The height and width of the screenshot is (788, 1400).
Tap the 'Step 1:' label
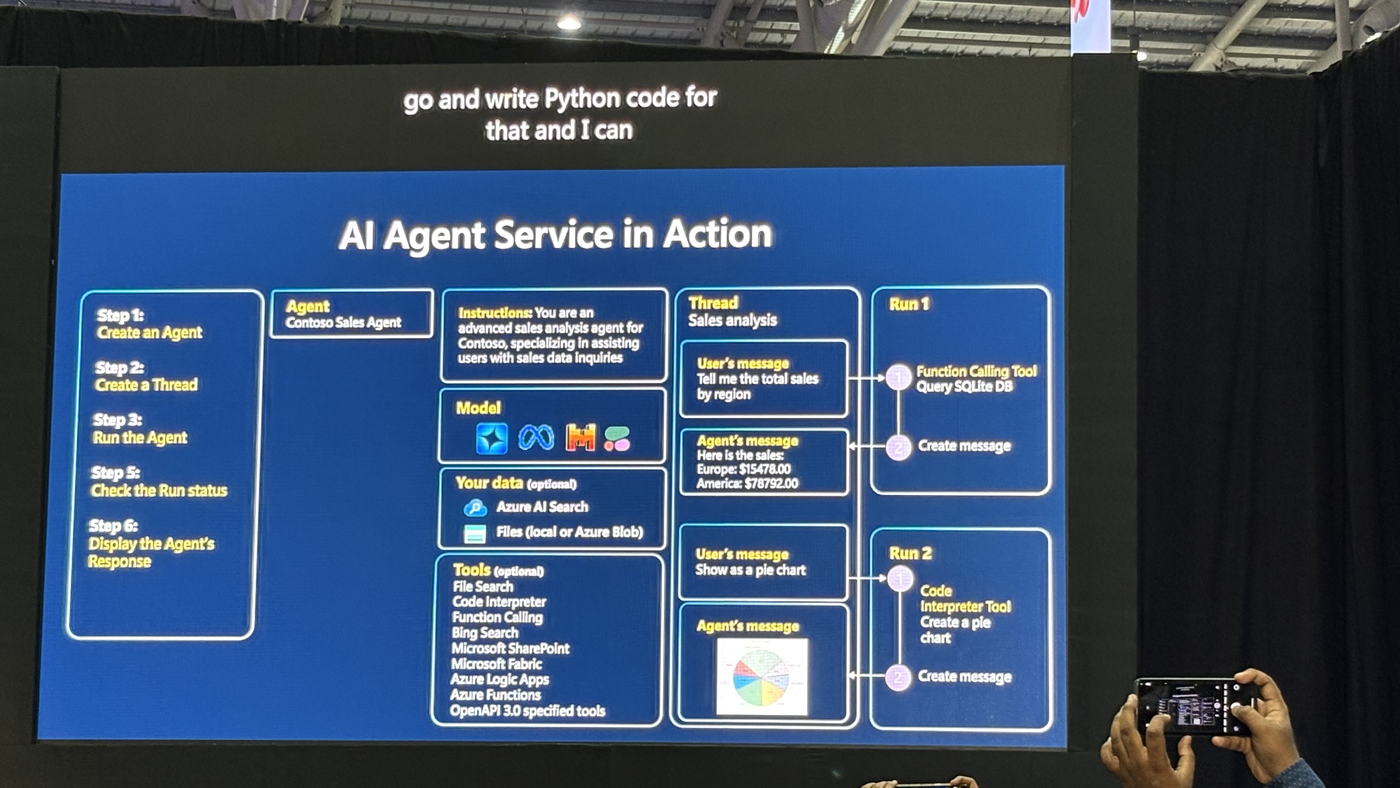120,315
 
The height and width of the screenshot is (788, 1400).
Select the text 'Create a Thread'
146,385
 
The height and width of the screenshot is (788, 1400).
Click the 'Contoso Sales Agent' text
343,322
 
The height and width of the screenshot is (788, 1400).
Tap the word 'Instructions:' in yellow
494,313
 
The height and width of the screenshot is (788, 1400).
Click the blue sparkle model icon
491,438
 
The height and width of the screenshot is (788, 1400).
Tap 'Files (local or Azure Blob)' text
569,532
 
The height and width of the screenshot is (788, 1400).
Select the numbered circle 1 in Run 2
900,578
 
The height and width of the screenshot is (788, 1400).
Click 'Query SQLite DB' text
964,387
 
